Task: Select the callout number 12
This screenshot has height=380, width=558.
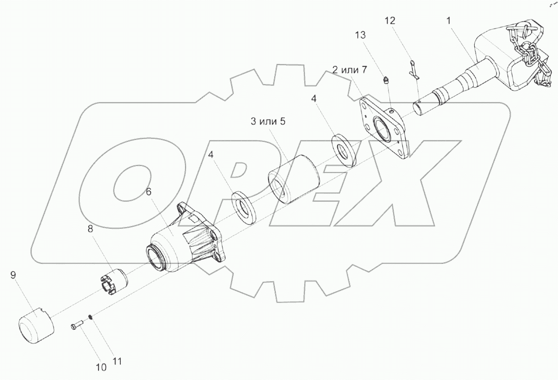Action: tap(390, 20)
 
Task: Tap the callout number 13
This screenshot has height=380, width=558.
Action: tap(360, 35)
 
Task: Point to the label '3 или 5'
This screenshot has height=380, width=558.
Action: tap(268, 121)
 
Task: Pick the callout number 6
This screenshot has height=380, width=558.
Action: tap(149, 192)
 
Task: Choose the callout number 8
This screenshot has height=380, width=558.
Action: tap(90, 229)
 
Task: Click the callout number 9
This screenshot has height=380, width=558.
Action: tap(13, 275)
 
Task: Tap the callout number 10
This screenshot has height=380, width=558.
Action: tap(101, 367)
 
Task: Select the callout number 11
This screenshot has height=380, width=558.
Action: tap(117, 361)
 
